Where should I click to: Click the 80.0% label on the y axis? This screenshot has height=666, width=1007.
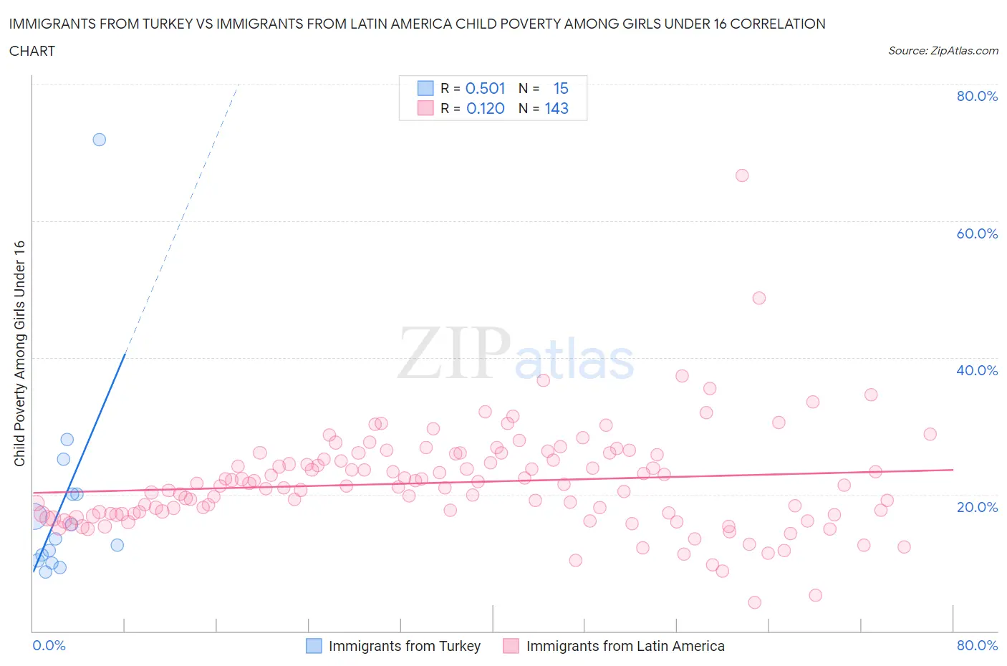[977, 96]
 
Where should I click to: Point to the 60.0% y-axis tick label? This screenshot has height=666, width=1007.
[977, 233]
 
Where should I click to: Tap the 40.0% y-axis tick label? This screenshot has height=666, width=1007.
[977, 370]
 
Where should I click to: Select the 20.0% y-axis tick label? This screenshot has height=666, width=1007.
[977, 507]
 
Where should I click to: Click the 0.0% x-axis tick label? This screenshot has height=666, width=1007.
[49, 645]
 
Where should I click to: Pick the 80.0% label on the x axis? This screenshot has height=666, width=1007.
[977, 645]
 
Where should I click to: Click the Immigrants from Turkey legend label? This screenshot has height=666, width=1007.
[404, 646]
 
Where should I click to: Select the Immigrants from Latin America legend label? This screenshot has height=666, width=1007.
[625, 646]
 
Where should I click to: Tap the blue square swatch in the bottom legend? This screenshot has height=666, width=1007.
[314, 646]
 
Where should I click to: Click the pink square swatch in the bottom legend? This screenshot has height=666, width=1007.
[511, 646]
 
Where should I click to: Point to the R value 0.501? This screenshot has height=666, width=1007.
[485, 88]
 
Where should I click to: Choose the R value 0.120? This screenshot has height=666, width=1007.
[485, 108]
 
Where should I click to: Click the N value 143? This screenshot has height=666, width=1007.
[556, 108]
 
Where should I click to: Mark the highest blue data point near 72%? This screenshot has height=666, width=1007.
[100, 140]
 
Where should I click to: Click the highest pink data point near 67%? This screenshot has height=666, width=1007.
[742, 175]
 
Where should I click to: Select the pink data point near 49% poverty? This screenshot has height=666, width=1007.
[759, 298]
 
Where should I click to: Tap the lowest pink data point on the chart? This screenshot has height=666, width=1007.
[754, 602]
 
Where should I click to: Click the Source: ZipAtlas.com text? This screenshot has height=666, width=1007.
[943, 50]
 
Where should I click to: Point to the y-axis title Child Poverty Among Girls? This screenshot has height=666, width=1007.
[19, 353]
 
